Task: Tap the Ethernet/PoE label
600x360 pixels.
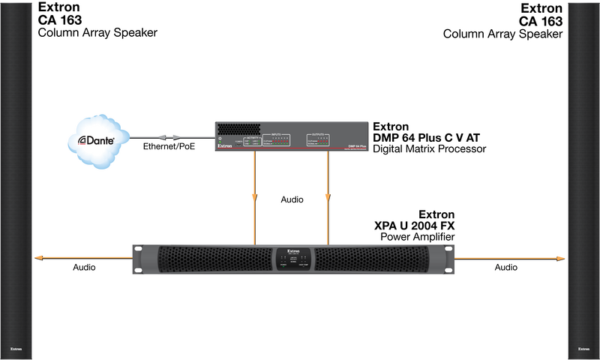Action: (168, 147)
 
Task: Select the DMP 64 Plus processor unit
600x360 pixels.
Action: (292, 137)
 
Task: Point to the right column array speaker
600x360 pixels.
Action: (583, 180)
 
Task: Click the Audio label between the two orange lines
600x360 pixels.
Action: (292, 200)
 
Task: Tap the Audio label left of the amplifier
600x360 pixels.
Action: (85, 267)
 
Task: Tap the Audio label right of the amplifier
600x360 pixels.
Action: (506, 267)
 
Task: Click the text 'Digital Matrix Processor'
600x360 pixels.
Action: (430, 149)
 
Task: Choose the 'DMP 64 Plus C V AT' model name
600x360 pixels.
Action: (426, 137)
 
